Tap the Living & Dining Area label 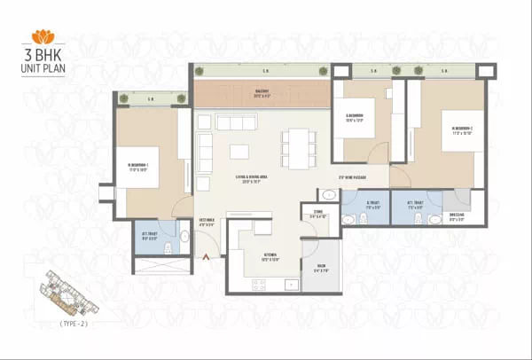[x=254, y=179]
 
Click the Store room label [x=319, y=215]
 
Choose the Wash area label [x=319, y=270]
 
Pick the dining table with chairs [x=298, y=148]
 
